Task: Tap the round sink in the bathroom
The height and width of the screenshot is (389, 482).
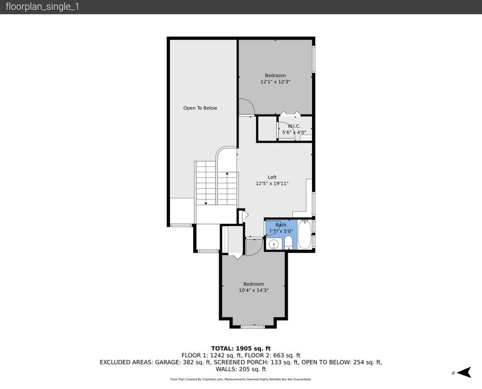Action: (x=274, y=244)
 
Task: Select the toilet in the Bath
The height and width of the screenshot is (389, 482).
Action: (x=288, y=242)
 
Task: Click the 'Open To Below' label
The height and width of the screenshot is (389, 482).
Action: (x=200, y=108)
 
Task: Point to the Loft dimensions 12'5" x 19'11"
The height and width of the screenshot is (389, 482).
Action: (x=272, y=184)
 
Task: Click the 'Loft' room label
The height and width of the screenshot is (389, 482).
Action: (x=272, y=177)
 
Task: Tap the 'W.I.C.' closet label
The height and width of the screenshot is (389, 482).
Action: (x=294, y=126)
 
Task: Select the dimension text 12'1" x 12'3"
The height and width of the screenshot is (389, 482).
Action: (x=275, y=82)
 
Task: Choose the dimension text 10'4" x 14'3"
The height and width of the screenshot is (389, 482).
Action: (x=254, y=291)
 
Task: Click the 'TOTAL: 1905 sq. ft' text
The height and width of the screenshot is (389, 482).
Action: (x=241, y=348)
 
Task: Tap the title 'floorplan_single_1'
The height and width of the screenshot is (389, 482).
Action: (x=42, y=7)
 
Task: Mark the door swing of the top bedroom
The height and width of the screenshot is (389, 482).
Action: (x=246, y=107)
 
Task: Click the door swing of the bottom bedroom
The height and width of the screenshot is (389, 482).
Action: (x=253, y=247)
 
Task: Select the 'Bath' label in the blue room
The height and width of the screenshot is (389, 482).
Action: (x=281, y=225)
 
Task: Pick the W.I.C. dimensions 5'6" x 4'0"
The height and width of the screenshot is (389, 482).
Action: (x=294, y=132)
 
